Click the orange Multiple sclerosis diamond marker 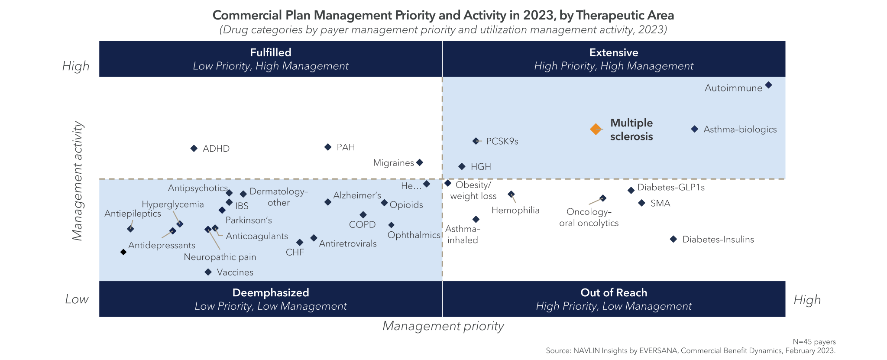pos(596,129)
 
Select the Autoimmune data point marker pos(768,85)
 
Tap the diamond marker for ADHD pos(194,148)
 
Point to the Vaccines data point pos(208,272)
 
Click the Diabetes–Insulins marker pos(673,239)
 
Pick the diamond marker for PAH pos(328,147)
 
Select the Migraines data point pos(419,162)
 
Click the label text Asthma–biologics pos(740,130)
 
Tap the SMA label pos(660,204)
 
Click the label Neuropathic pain pos(220,257)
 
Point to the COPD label pos(362,225)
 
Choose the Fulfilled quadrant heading pos(270,53)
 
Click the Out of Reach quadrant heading pos(613,293)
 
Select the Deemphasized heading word pos(270,293)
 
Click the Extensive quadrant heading pos(613,53)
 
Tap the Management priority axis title pos(443,326)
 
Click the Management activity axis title pos(77,181)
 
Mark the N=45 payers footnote pos(814,342)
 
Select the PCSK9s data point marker pos(476,141)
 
